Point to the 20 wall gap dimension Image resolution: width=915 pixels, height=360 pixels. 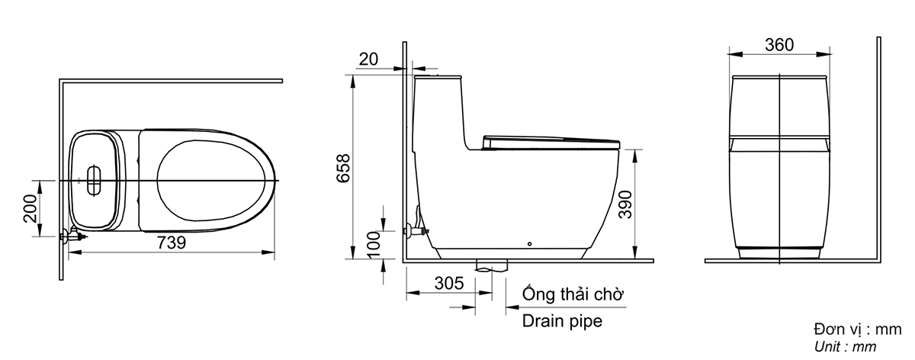pyautogui.click(x=368, y=58)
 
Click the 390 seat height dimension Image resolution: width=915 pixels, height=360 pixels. pyautogui.click(x=625, y=204)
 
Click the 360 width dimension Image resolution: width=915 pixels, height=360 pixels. pyautogui.click(x=779, y=44)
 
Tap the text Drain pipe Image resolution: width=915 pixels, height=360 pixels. pyautogui.click(x=562, y=321)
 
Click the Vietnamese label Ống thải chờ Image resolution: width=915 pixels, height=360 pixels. pyautogui.click(x=573, y=294)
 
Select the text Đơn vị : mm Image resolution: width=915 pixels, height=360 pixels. pyautogui.click(x=857, y=329)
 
